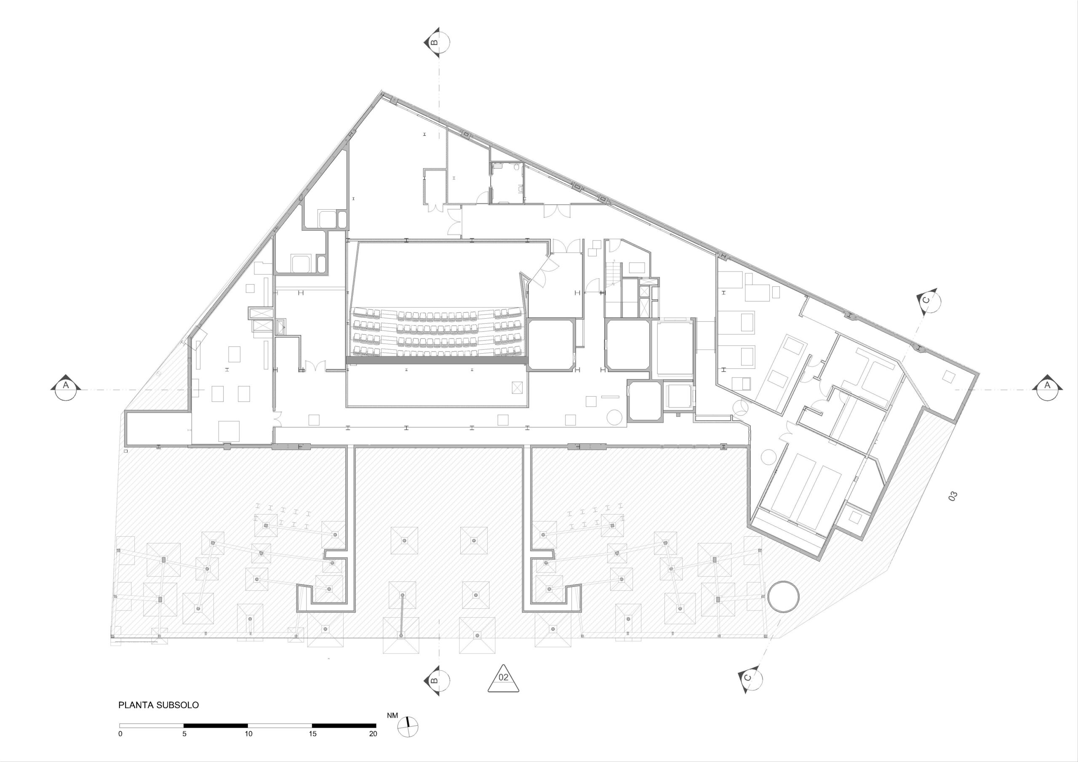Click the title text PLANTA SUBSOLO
[158, 718]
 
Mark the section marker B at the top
[436, 42]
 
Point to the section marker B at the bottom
[436, 680]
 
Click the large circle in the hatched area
[783, 596]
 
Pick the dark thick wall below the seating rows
[437, 360]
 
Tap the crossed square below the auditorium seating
[517, 387]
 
